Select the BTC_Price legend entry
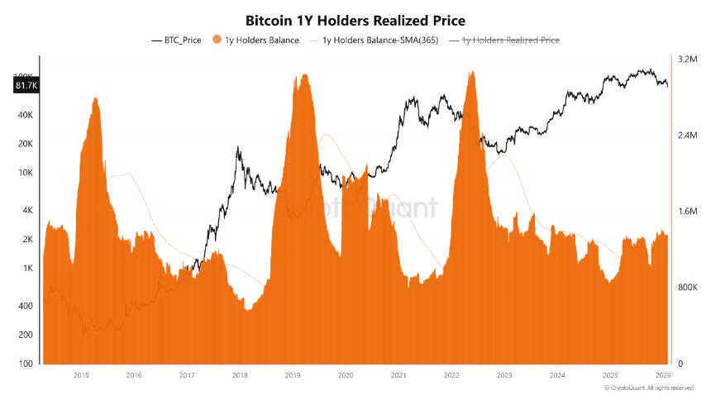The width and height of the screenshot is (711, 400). [179, 40]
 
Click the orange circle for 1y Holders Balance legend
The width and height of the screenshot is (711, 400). [218, 40]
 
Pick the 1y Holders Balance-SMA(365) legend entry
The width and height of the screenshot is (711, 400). [371, 40]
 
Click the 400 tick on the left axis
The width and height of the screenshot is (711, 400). [25, 306]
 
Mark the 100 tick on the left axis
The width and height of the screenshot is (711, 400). [25, 364]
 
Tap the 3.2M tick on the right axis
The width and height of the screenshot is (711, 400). [688, 60]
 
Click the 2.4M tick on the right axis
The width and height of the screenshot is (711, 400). [688, 136]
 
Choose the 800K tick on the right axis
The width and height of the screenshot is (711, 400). [688, 288]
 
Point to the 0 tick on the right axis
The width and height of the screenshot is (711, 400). [680, 364]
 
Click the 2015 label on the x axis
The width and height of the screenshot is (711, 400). [81, 375]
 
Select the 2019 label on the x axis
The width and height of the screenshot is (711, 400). [293, 375]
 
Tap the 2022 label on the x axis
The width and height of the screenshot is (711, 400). [451, 375]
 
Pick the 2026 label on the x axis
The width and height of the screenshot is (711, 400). [663, 375]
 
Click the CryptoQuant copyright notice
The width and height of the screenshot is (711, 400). [648, 388]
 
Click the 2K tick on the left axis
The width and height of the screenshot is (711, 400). [25, 240]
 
